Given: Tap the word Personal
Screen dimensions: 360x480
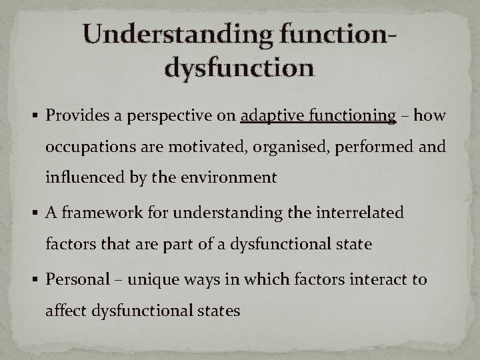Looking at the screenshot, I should point(73,278).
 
